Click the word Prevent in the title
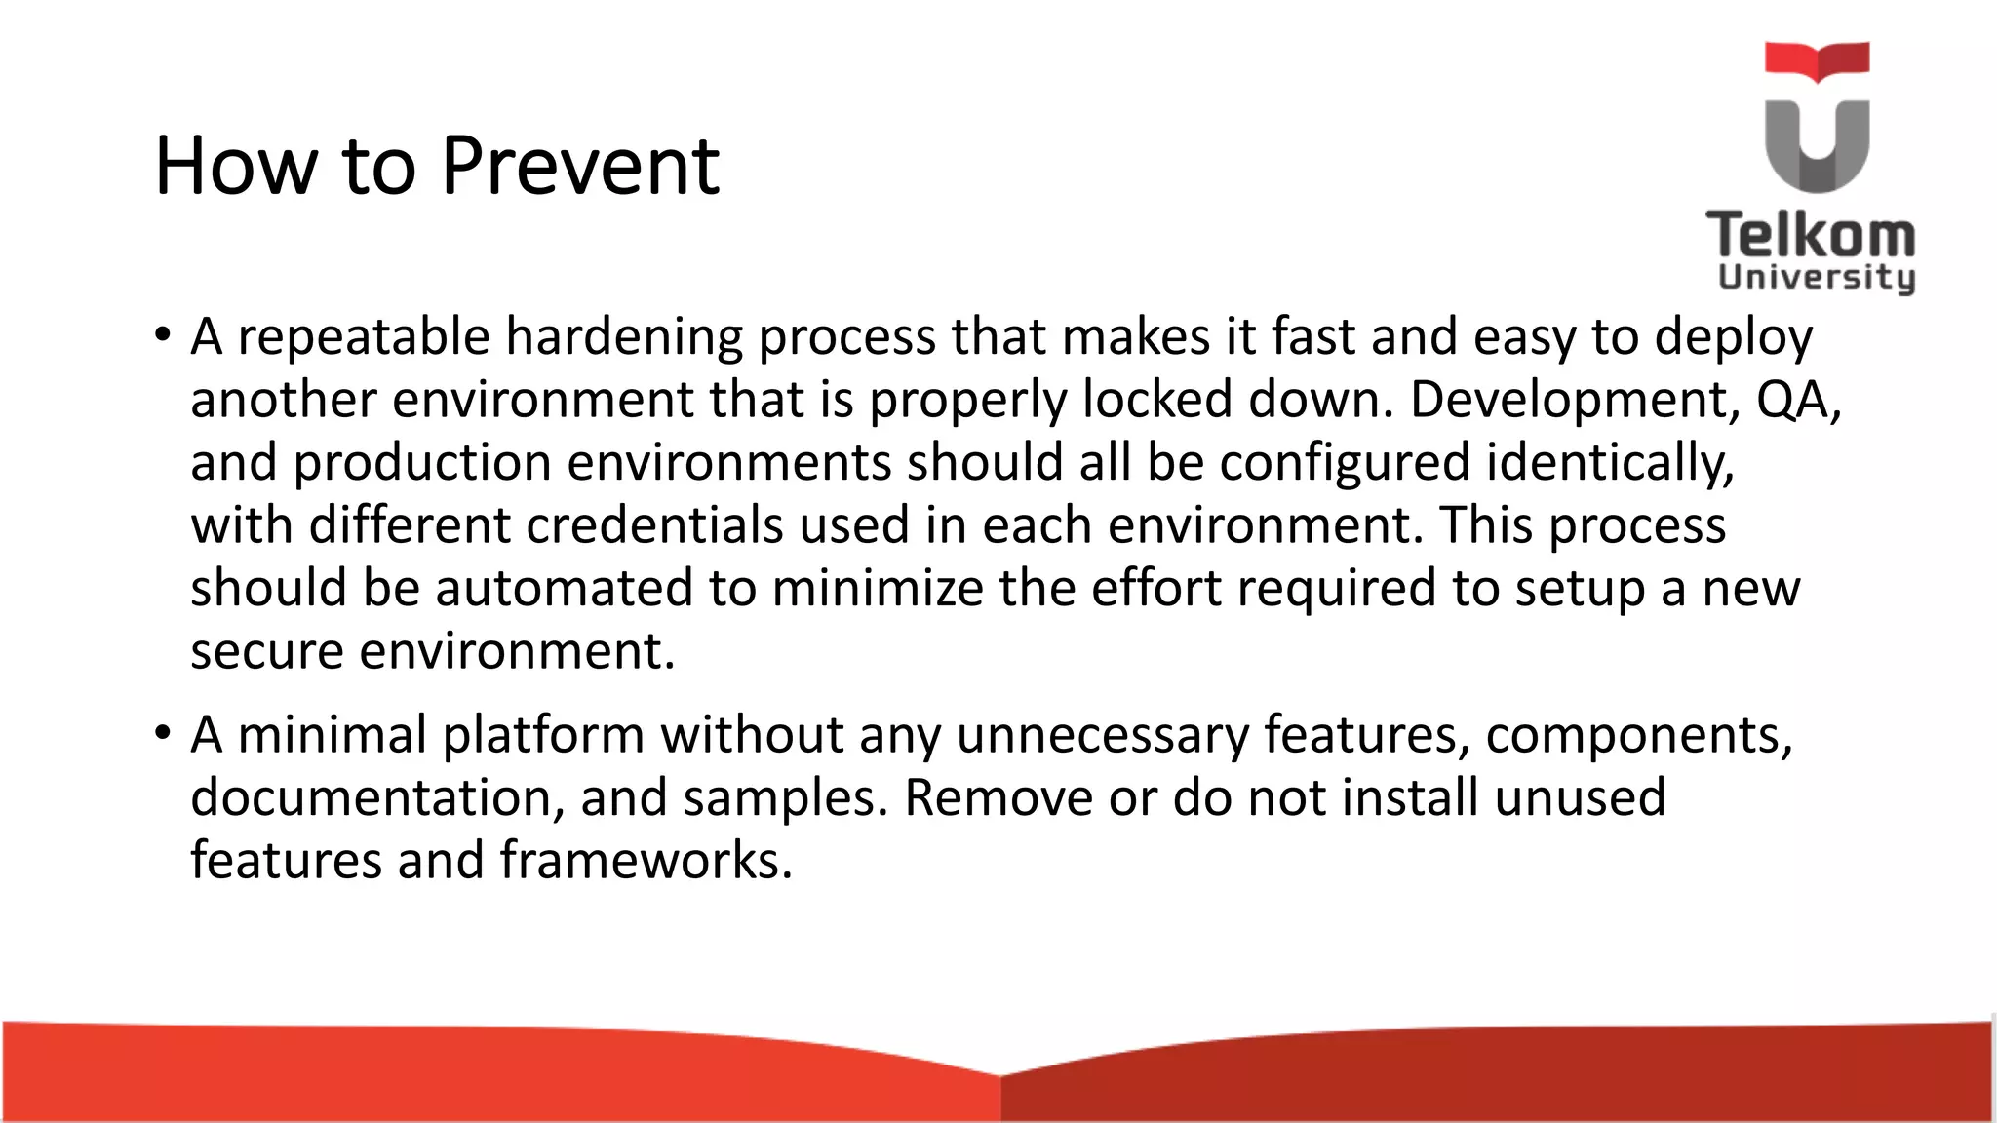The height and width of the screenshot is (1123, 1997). pos(580,166)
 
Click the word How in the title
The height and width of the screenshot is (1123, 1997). pos(237,166)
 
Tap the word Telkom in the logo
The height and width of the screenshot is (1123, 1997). pos(1811,237)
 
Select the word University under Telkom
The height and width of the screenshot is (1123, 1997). pos(1817,277)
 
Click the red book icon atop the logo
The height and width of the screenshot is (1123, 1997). pos(1817,60)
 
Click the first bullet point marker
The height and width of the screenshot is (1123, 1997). pos(162,335)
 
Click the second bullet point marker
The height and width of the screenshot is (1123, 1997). pos(162,733)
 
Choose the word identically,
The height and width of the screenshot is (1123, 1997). pos(1610,463)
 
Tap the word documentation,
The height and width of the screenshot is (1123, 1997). pos(378,797)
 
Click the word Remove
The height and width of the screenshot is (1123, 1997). pos(998,797)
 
